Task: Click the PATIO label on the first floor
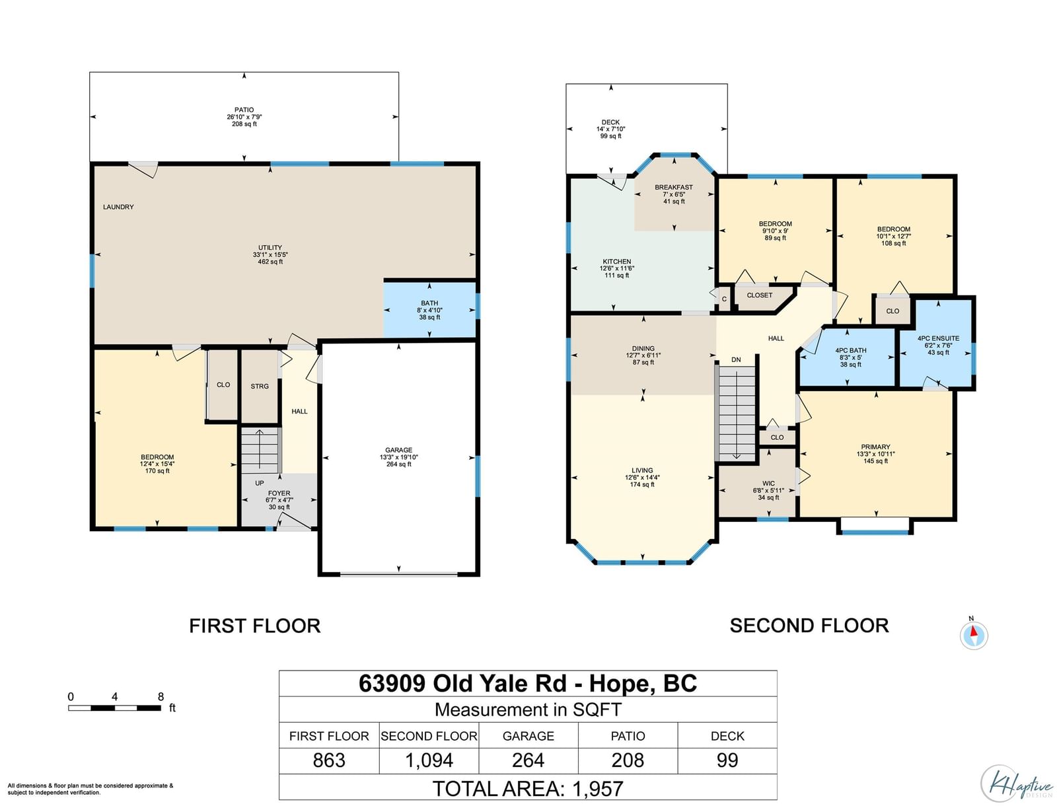(244, 110)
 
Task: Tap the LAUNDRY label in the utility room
(118, 207)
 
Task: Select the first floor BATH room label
(429, 303)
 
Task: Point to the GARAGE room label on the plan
(398, 450)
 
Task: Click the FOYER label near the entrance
(279, 493)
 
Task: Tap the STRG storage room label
(260, 386)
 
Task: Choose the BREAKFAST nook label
(674, 188)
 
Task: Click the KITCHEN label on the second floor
(617, 262)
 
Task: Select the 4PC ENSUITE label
(938, 338)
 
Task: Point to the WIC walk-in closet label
(768, 484)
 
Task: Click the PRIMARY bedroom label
(875, 447)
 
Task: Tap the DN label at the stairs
(736, 359)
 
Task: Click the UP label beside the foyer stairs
(260, 483)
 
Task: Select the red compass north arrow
(974, 631)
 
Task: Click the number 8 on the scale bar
(161, 697)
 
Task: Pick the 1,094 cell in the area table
(429, 760)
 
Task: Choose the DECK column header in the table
(727, 736)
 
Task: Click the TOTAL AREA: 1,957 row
(528, 789)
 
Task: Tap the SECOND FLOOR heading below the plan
(809, 626)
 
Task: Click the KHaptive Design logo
(1017, 783)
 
